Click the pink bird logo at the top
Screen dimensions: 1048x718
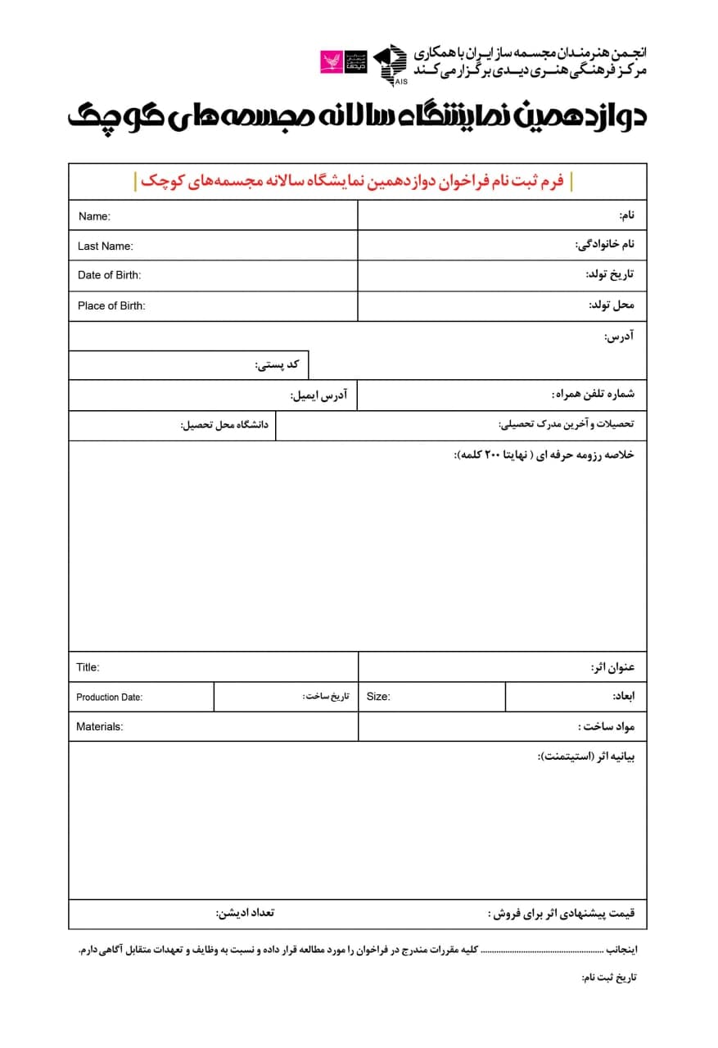(332, 61)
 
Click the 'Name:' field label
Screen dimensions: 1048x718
(94, 216)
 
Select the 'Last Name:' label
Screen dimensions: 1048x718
(105, 246)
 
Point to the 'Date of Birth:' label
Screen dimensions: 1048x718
(109, 275)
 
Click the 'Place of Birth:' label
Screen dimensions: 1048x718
(111, 305)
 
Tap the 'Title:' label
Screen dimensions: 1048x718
(88, 667)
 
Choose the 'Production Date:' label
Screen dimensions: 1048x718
(109, 698)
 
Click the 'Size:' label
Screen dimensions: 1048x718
(378, 697)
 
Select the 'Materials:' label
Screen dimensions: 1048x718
(99, 726)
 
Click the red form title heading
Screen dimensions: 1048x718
(353, 181)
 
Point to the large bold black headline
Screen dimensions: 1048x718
(357, 116)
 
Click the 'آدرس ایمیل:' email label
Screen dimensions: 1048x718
(318, 395)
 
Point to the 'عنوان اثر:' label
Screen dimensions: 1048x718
(612, 667)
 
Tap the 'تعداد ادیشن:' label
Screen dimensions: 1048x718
(245, 913)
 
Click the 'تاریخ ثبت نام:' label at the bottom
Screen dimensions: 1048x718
(608, 978)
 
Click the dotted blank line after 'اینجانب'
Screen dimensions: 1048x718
(543, 951)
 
